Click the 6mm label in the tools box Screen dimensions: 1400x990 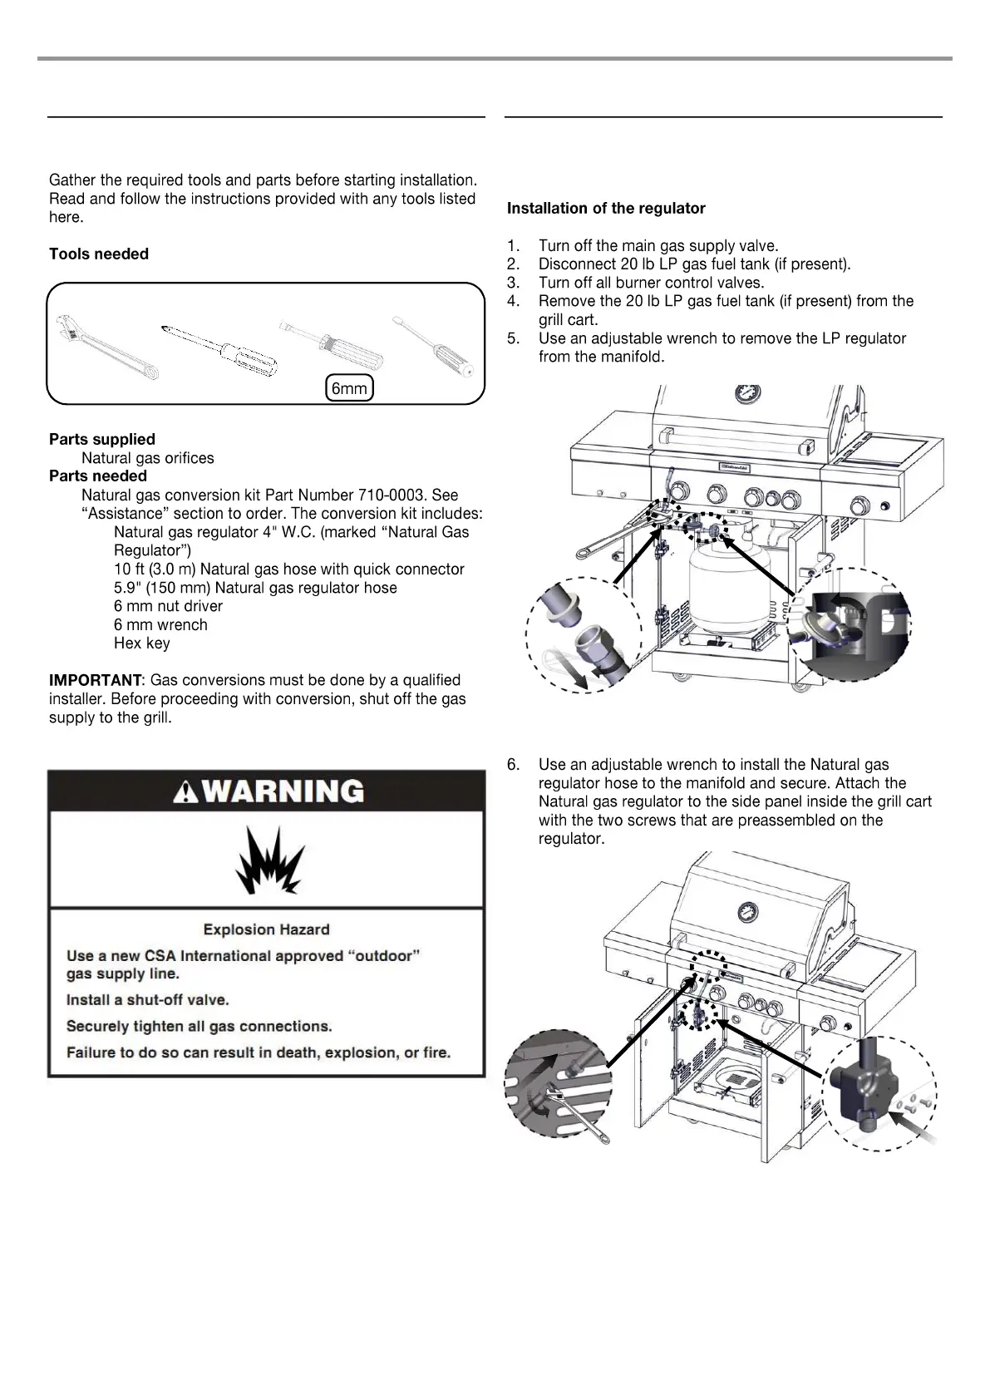click(x=349, y=388)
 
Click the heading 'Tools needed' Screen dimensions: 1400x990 click(x=99, y=254)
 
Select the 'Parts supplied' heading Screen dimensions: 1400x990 click(x=102, y=439)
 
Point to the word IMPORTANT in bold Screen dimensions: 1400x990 click(x=96, y=680)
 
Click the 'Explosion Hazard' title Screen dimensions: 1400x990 click(x=266, y=929)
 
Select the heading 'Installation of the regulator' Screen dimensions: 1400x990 click(x=606, y=209)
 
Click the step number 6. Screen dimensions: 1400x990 click(x=513, y=765)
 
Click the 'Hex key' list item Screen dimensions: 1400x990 click(x=142, y=643)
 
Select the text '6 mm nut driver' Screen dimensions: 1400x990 click(x=168, y=606)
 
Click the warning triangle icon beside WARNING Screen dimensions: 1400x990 click(x=185, y=791)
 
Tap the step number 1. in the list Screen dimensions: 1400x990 click(x=514, y=246)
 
